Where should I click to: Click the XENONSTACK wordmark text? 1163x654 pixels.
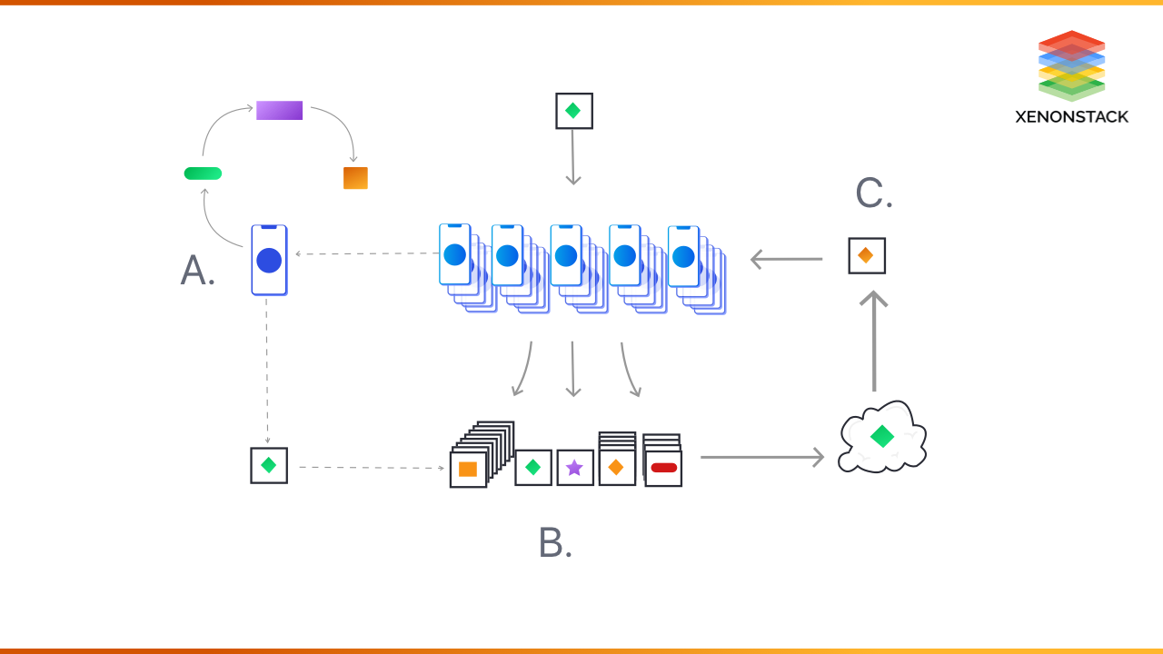pyautogui.click(x=1071, y=116)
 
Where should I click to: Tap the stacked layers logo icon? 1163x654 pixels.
pyautogui.click(x=1071, y=65)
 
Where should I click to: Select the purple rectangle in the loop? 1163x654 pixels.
pyautogui.click(x=279, y=111)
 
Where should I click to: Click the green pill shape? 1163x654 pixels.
pyautogui.click(x=203, y=173)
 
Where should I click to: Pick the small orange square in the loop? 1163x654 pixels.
pyautogui.click(x=355, y=178)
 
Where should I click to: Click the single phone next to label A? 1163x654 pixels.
pyautogui.click(x=269, y=260)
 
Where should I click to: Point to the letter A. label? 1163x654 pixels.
pyautogui.click(x=198, y=271)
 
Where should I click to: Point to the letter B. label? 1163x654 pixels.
pyautogui.click(x=555, y=543)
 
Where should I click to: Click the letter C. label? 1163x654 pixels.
pyautogui.click(x=874, y=193)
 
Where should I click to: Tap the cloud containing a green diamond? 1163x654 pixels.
pyautogui.click(x=881, y=437)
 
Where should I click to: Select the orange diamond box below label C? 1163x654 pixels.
pyautogui.click(x=866, y=256)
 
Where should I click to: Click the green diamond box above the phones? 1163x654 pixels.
pyautogui.click(x=573, y=111)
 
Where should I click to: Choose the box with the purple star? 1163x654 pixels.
pyautogui.click(x=574, y=468)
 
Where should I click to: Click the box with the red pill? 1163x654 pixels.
pyautogui.click(x=663, y=468)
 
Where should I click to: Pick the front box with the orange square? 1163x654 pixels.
pyautogui.click(x=468, y=470)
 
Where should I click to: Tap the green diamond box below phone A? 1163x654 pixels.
pyautogui.click(x=269, y=465)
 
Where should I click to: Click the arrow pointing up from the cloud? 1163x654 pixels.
pyautogui.click(x=874, y=341)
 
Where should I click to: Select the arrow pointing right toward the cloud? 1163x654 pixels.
pyautogui.click(x=761, y=458)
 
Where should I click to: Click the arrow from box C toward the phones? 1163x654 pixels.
pyautogui.click(x=787, y=260)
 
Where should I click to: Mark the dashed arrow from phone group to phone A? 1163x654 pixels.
pyautogui.click(x=367, y=254)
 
